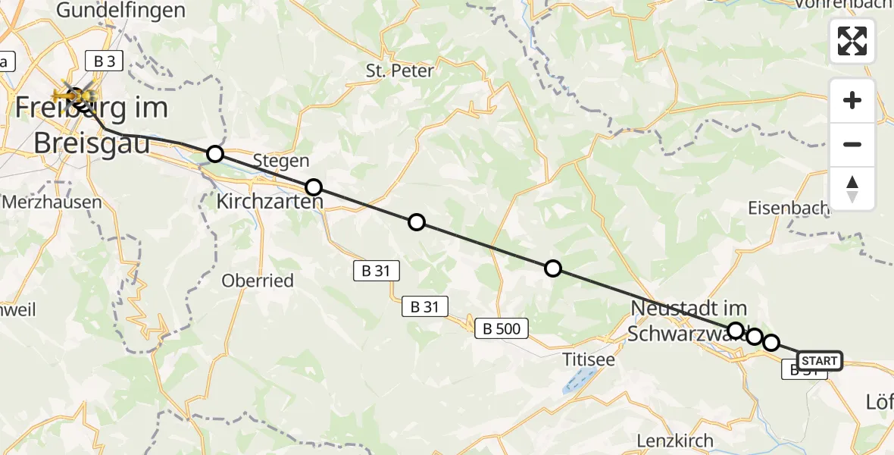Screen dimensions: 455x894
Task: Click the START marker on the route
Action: point(819,361)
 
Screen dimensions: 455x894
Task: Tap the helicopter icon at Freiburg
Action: point(76,95)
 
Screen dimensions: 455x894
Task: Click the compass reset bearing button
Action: point(852,189)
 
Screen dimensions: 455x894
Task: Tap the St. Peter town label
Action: point(399,71)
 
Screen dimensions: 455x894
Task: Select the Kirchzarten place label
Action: point(270,202)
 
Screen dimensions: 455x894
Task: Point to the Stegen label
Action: point(281,161)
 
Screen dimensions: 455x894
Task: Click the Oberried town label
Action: point(258,281)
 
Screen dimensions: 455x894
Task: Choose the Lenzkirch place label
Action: point(675,441)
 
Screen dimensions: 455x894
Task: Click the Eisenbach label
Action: point(781,206)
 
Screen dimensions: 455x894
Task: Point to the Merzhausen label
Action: point(52,202)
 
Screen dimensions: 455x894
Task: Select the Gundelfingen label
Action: point(121,11)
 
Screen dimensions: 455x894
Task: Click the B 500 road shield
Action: point(502,328)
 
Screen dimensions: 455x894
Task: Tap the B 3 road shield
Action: point(105,61)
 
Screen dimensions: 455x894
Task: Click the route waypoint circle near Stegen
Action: point(313,187)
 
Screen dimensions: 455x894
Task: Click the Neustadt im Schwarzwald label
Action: point(688,321)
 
